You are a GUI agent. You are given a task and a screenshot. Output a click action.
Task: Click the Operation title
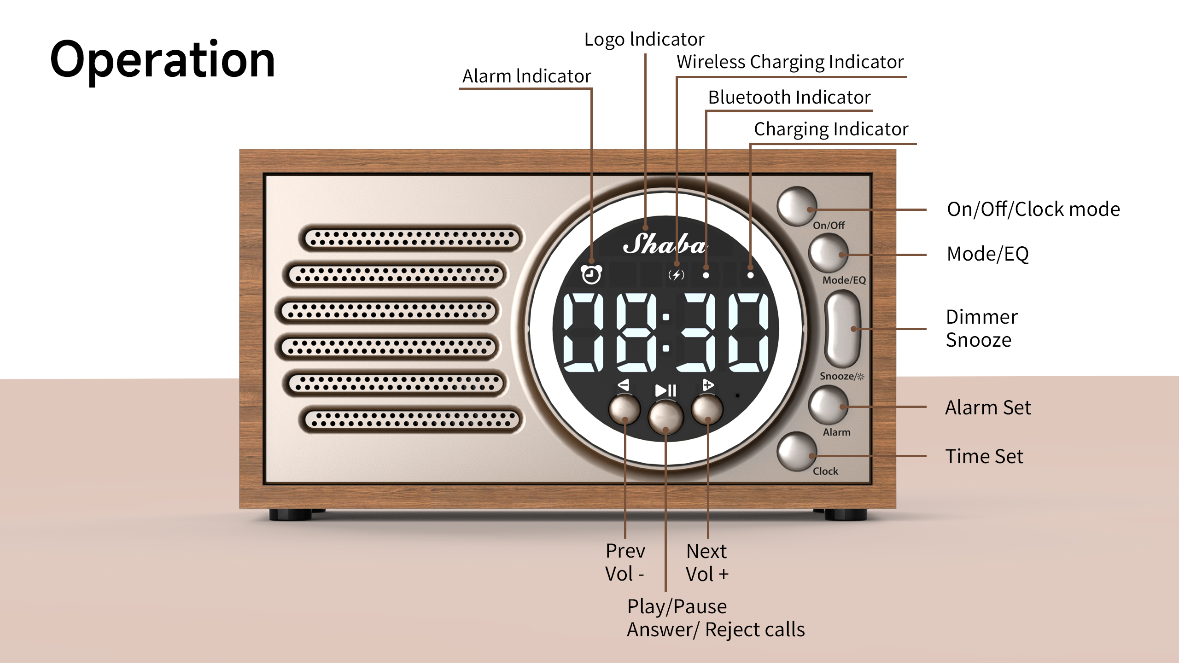(162, 60)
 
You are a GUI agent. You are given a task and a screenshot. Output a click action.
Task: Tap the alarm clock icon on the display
(591, 274)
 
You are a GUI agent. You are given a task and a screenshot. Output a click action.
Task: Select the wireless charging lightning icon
(676, 275)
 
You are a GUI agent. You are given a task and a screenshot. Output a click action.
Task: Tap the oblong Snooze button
(842, 329)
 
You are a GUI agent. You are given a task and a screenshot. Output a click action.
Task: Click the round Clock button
(796, 452)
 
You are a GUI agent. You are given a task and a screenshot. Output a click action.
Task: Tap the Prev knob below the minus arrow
(624, 409)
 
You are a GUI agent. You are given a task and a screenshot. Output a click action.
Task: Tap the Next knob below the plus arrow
(707, 409)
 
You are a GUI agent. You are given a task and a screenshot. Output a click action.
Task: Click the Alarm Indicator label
(526, 76)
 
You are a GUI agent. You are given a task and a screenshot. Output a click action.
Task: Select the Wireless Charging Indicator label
(790, 62)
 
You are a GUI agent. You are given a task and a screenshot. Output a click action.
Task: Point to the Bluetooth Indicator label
(789, 98)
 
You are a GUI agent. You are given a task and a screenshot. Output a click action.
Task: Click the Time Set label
(984, 456)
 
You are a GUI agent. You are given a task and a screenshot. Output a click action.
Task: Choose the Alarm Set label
(988, 407)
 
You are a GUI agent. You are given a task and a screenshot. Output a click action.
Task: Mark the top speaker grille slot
(412, 238)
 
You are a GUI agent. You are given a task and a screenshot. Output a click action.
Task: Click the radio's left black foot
(290, 514)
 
